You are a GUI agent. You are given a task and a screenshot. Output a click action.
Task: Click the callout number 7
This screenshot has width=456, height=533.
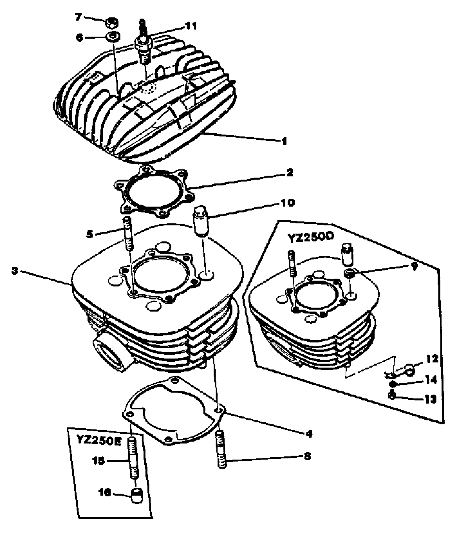[78, 17]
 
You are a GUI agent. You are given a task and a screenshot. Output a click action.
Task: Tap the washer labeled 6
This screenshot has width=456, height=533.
[113, 37]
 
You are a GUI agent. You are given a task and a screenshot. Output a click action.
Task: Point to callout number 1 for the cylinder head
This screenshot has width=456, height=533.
[284, 141]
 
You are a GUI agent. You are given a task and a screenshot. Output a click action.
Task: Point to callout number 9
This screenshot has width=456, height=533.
[414, 266]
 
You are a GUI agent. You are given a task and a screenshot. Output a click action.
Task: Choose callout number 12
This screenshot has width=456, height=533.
[432, 359]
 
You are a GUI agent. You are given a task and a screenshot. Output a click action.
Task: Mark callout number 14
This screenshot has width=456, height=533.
[431, 380]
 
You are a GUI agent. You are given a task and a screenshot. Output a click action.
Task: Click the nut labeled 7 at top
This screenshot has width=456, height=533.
[111, 23]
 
